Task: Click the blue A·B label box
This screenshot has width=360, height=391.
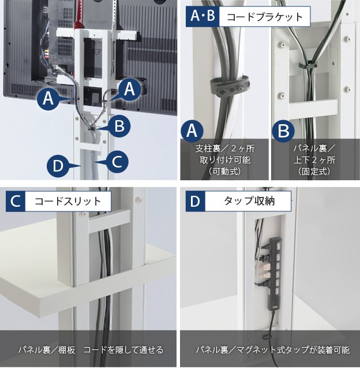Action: click(x=202, y=16)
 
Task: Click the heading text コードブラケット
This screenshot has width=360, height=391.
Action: click(x=265, y=17)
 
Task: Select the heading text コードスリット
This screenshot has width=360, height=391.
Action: click(x=67, y=202)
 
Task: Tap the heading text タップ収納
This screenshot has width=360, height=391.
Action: click(x=249, y=201)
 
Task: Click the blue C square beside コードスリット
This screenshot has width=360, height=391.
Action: click(x=16, y=202)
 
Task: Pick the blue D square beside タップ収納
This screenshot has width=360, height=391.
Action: click(x=196, y=202)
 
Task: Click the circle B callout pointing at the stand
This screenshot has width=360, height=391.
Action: click(x=119, y=126)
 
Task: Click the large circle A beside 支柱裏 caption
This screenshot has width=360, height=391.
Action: click(x=192, y=131)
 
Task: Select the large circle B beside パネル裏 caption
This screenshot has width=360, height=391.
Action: click(x=283, y=131)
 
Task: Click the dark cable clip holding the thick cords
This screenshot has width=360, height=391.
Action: click(x=230, y=86)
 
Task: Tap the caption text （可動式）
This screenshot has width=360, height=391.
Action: click(x=225, y=172)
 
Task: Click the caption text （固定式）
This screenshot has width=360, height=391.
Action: click(x=314, y=172)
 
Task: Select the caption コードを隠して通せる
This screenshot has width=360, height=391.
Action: click(x=123, y=349)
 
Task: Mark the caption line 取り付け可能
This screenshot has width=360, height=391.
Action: click(x=225, y=160)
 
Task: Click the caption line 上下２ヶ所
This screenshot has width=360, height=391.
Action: click(x=314, y=160)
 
